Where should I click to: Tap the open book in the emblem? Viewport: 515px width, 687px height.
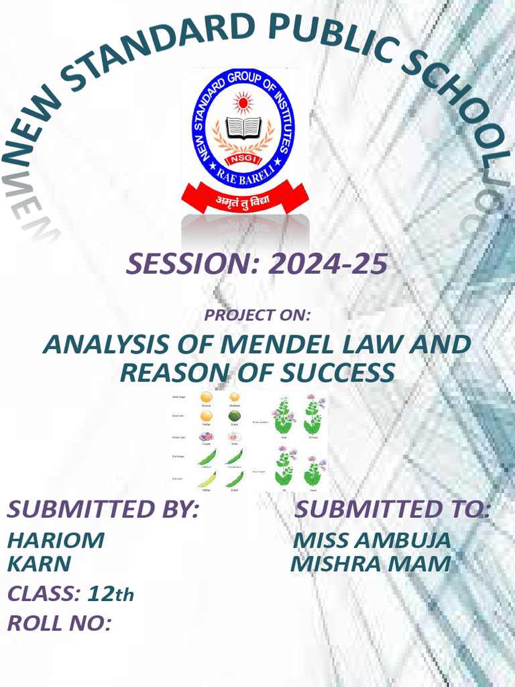tap(243, 127)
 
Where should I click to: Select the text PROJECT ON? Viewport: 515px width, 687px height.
tap(257, 314)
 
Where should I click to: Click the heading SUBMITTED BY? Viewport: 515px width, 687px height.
tap(103, 509)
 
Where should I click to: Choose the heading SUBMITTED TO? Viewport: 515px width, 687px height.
tap(392, 509)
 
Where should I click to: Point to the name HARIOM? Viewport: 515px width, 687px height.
tap(56, 540)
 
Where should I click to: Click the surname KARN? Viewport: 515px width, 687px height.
tap(38, 564)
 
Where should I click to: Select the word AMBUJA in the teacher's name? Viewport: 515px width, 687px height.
tap(406, 540)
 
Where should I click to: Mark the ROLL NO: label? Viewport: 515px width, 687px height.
tap(59, 623)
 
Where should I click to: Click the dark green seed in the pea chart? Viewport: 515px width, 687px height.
tap(234, 416)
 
